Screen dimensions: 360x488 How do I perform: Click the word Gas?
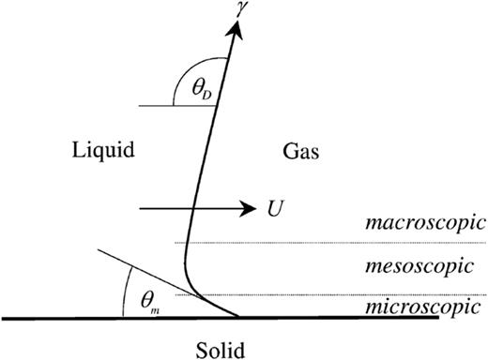(297, 149)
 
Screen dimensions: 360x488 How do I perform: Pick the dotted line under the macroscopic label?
(328, 244)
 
